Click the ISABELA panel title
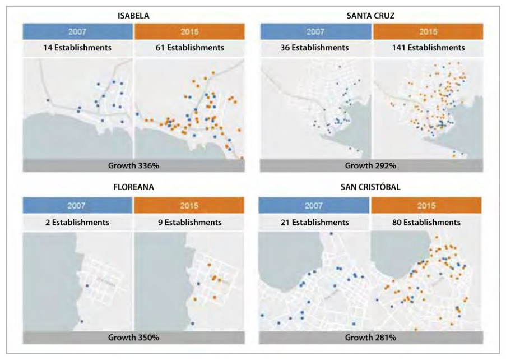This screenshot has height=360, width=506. [133, 16]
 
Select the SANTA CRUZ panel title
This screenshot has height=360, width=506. [370, 16]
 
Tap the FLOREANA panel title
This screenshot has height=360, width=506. [133, 188]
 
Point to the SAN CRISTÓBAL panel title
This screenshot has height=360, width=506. [370, 188]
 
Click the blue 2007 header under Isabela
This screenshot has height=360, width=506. [78, 31]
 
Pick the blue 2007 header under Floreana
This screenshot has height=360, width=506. [78, 205]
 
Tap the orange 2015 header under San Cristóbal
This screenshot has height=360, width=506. [426, 205]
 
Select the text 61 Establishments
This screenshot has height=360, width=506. [190, 48]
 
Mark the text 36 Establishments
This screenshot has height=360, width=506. [314, 48]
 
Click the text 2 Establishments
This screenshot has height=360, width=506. [78, 223]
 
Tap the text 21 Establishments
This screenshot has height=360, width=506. [314, 223]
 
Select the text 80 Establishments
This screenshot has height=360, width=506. [426, 223]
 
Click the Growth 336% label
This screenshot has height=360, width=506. [133, 165]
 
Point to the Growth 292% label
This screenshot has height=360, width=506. [370, 165]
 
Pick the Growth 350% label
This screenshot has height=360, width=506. [133, 338]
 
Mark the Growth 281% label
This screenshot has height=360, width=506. [370, 338]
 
